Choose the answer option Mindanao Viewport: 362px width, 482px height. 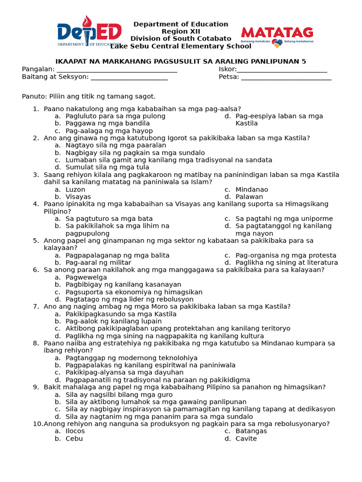[252, 190]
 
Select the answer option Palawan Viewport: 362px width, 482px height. [249, 197]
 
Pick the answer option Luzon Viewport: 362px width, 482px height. [75, 190]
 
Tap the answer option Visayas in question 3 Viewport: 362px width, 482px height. [78, 197]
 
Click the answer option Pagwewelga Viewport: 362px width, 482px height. [86, 277]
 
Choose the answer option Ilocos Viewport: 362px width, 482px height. [75, 431]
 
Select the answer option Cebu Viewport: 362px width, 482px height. [74, 439]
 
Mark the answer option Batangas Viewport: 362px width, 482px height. [251, 431]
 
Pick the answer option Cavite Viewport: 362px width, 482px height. [246, 439]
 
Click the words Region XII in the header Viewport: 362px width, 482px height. [181, 31]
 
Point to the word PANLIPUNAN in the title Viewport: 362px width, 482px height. [275, 62]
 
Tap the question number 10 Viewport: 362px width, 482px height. [37, 424]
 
